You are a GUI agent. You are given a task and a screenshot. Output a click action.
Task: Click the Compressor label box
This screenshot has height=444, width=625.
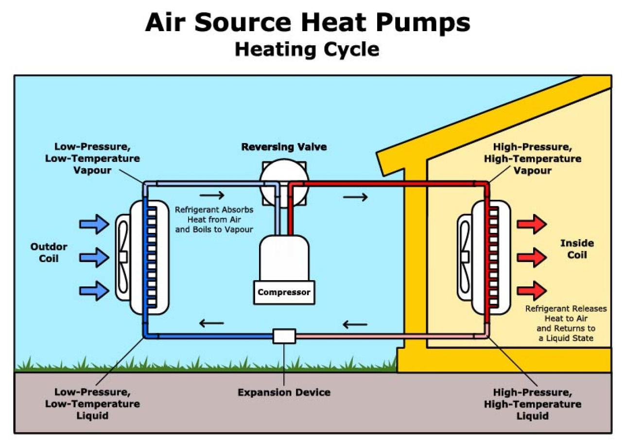[x=284, y=292]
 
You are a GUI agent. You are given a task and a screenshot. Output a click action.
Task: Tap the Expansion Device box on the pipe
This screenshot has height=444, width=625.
[x=284, y=336]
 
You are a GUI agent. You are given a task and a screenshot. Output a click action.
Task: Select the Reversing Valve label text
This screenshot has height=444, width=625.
[x=284, y=146]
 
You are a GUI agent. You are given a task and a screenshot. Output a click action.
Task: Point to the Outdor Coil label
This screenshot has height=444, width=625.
[x=49, y=252]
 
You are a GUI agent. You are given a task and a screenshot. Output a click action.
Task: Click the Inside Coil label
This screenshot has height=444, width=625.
[x=577, y=249]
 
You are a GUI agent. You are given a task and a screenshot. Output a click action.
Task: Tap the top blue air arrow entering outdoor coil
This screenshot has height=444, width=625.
[x=94, y=224]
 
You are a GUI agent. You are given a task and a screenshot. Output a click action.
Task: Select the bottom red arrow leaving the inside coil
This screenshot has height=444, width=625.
[x=532, y=290]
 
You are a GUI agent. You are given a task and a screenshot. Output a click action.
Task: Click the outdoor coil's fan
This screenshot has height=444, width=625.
[x=123, y=256]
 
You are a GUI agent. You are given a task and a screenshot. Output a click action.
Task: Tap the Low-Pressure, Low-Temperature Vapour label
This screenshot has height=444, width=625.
[x=97, y=159]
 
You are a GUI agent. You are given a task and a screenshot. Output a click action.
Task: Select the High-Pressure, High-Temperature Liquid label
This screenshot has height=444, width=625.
[x=537, y=404]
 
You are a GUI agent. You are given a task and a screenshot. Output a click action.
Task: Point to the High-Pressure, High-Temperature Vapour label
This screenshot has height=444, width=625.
[x=537, y=159]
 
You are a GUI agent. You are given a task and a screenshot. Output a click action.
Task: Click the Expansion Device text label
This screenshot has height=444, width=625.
[x=284, y=392]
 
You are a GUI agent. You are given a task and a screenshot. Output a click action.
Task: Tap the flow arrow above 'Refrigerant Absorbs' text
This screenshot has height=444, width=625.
[x=212, y=195]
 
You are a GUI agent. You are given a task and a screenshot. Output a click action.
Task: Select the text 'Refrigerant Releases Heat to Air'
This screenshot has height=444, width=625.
[x=566, y=314]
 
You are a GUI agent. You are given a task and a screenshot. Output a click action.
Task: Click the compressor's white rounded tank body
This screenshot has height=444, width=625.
[x=284, y=258]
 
